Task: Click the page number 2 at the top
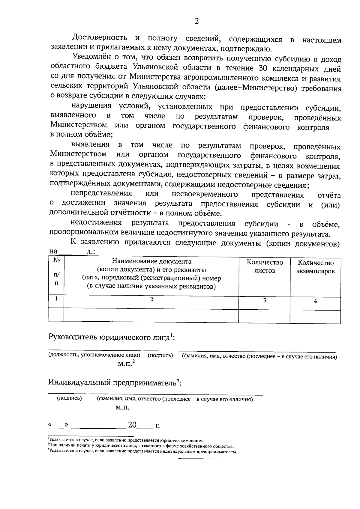point(197,21)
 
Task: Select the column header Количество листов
point(265,266)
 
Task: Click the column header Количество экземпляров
point(315,267)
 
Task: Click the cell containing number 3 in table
point(265,300)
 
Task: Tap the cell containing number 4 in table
point(315,301)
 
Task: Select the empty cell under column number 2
point(151,316)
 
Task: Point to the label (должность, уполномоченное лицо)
point(94,355)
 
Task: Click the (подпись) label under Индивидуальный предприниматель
point(69,398)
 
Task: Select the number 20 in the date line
point(132,425)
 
